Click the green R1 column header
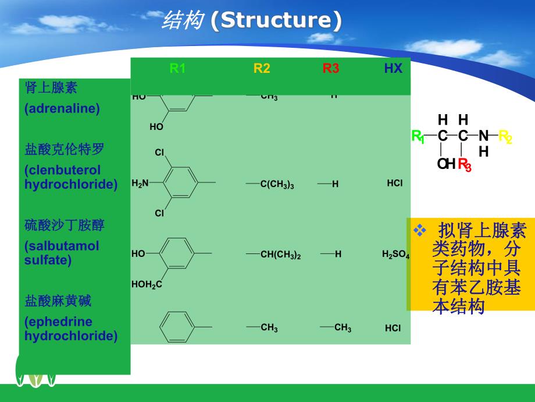coord(177,69)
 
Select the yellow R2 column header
coord(262,69)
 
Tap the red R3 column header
coord(330,69)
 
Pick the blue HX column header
coord(393,69)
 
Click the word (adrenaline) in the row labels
coord(62,108)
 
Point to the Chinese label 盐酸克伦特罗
coord(65,150)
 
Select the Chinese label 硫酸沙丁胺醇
coord(65,225)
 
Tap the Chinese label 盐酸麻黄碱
coord(58,301)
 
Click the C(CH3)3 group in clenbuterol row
coord(277,185)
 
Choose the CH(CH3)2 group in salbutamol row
coord(280,255)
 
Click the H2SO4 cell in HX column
coord(395,255)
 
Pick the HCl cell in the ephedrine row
coord(393,328)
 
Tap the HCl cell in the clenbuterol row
coord(394,184)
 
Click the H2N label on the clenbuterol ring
coord(140,184)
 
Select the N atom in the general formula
coord(483,136)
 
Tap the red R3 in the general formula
coord(465,165)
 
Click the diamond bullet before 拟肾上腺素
coord(419,230)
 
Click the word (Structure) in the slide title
coord(276,20)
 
